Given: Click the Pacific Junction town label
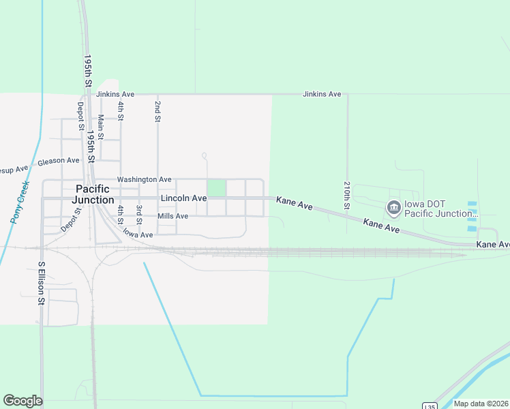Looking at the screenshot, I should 95,194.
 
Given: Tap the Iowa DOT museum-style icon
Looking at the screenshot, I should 393,207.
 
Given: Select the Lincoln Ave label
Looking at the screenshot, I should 183,198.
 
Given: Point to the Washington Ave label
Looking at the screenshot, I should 144,179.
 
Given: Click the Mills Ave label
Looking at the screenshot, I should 172,216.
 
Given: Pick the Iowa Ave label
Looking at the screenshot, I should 138,234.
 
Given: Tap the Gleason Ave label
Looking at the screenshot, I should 59,161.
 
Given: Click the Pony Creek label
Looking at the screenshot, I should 20,202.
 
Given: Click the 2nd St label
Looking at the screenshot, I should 157,111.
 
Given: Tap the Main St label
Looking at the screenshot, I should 101,127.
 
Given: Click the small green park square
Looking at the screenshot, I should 216,187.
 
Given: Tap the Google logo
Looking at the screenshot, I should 22,401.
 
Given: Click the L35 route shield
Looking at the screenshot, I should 429,406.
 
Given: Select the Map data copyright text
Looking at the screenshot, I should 480,404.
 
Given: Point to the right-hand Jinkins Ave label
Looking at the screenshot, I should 322,94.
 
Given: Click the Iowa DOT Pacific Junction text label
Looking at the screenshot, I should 440,209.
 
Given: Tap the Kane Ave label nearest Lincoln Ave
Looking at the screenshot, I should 294,202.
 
